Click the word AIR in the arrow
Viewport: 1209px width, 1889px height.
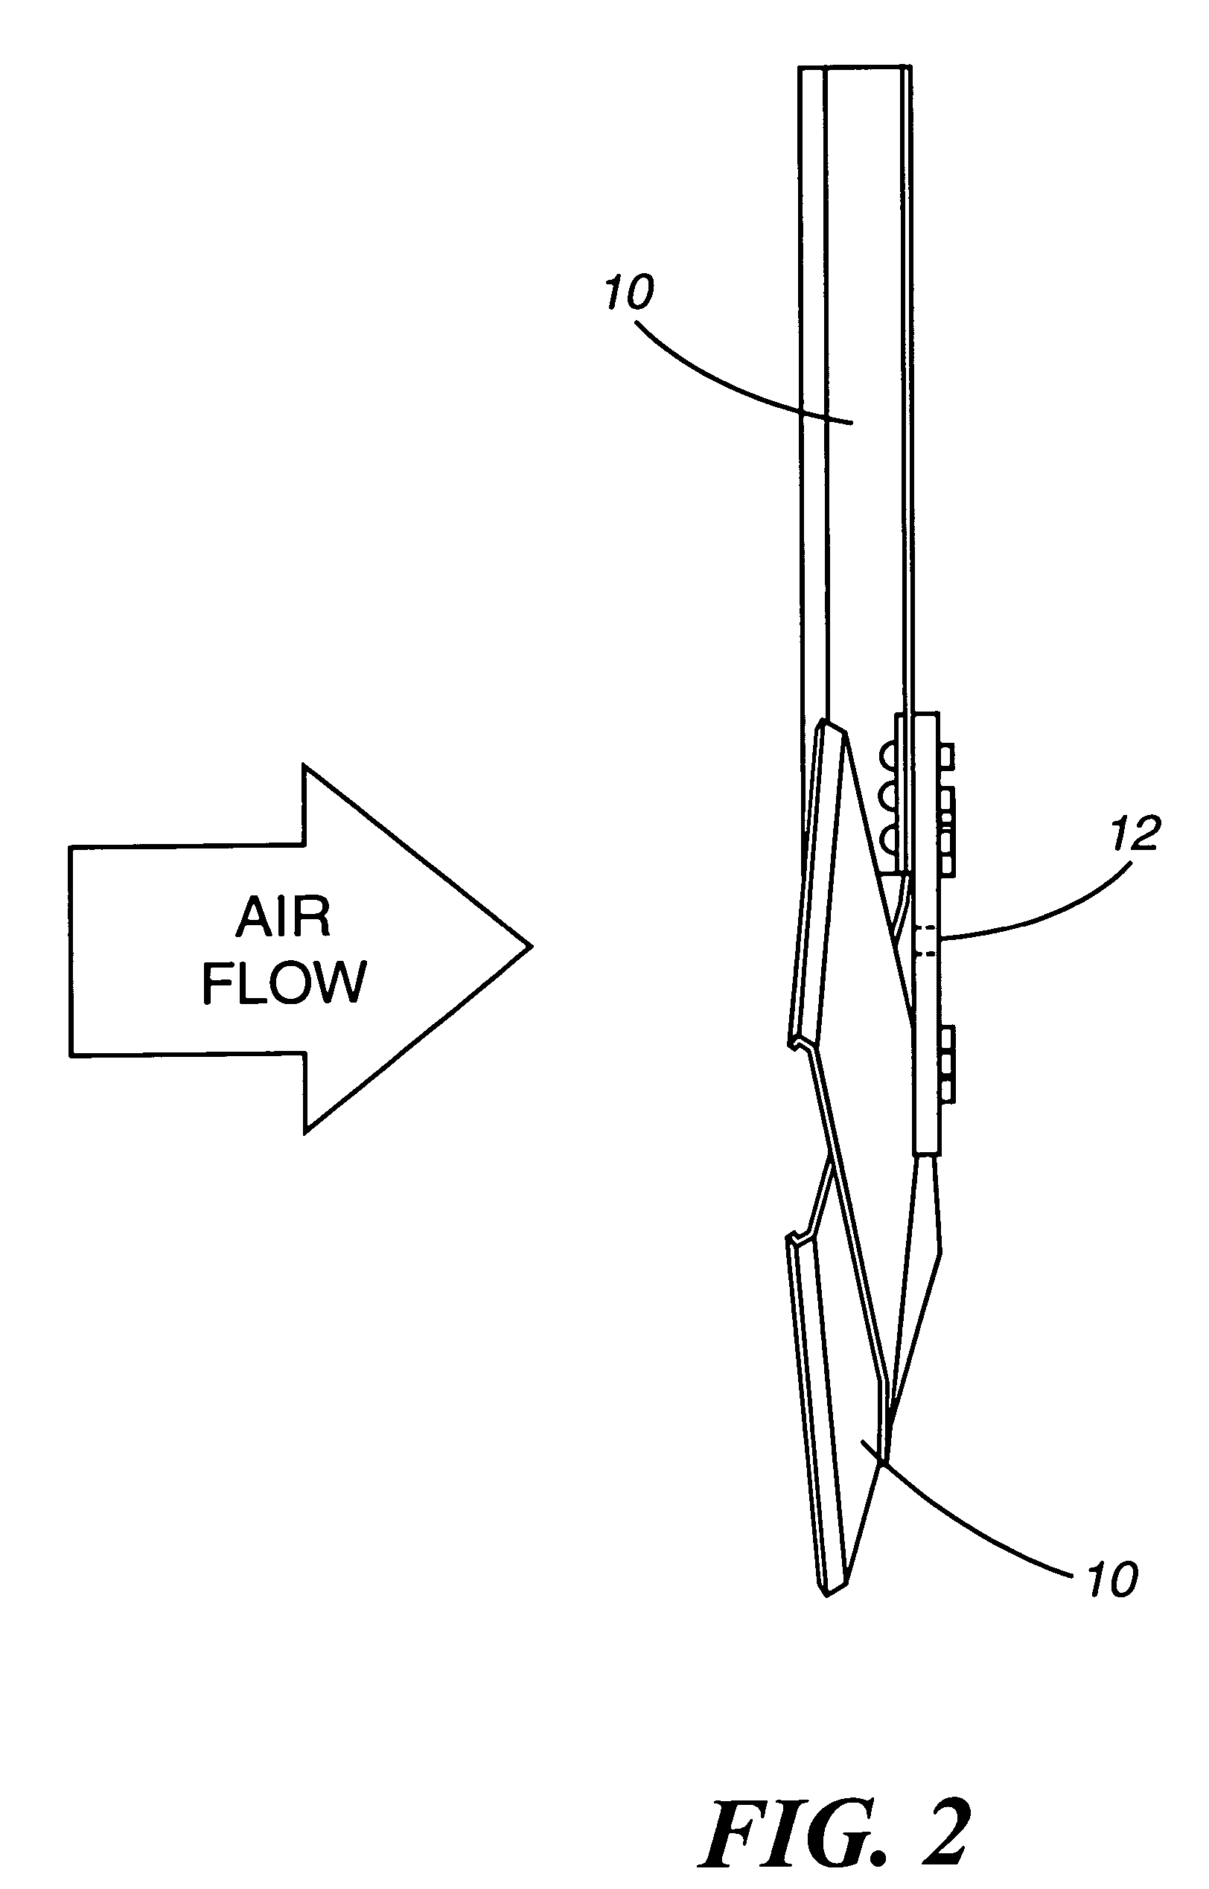click(x=284, y=918)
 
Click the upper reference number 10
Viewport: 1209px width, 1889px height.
click(x=629, y=293)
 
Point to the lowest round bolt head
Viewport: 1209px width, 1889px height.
click(x=887, y=843)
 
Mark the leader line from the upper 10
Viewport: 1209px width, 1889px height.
click(x=738, y=377)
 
